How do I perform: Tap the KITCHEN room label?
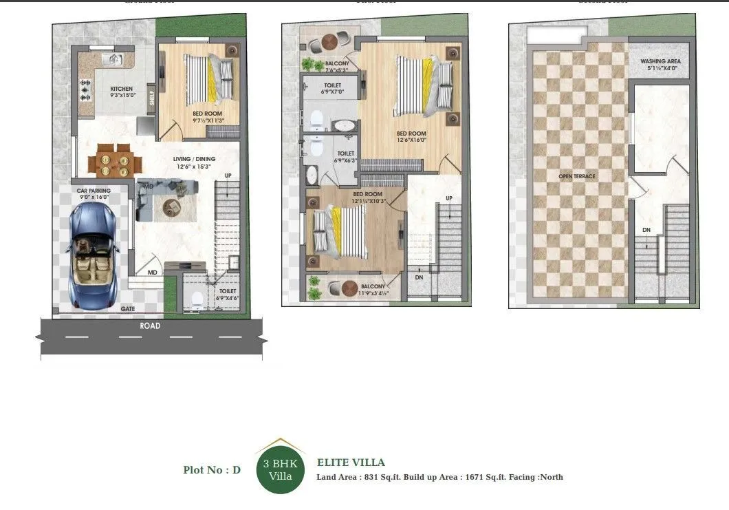click(122, 89)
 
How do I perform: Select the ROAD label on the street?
click(150, 326)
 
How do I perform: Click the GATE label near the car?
click(128, 309)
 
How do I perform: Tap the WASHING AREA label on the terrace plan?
click(660, 61)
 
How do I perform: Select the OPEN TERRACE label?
click(577, 177)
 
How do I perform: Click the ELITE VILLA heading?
click(351, 463)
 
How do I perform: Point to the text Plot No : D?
click(212, 470)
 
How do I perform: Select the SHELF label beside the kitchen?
click(152, 98)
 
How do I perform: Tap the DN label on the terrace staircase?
click(646, 230)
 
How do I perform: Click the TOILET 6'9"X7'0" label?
click(331, 89)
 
